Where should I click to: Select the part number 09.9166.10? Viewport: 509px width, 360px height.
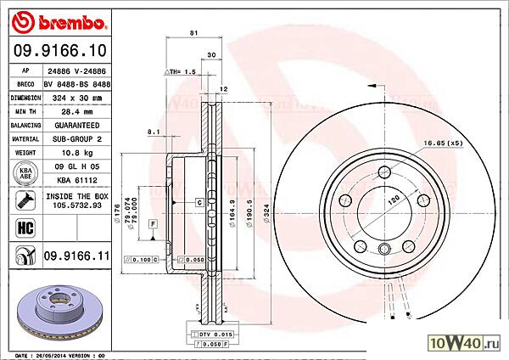[57, 52]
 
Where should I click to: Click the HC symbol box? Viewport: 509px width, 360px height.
[24, 228]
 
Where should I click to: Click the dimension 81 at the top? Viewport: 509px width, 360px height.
[193, 32]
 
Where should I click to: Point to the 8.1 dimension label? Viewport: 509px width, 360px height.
[153, 132]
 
